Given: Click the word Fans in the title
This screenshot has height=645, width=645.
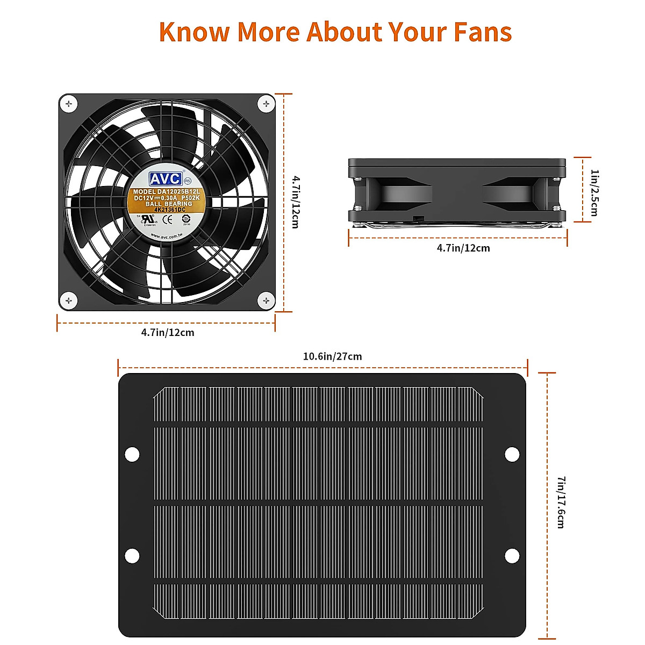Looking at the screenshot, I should [482, 32].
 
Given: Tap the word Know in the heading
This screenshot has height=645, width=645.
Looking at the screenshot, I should [194, 32].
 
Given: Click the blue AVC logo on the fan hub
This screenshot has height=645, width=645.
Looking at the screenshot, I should [166, 179].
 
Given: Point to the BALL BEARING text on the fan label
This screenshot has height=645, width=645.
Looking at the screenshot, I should [168, 204].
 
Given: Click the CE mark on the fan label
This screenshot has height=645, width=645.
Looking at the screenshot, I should [168, 219].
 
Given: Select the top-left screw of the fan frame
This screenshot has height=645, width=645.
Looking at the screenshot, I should [68, 103].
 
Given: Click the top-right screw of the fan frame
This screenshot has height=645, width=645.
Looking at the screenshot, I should [266, 103].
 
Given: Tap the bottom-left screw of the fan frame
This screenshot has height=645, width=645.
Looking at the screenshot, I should [68, 301].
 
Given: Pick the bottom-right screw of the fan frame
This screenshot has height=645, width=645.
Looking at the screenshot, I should [266, 301].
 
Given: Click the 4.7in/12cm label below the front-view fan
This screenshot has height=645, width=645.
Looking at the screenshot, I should [168, 333].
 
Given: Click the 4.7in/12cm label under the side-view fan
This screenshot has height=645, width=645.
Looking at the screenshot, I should [463, 248].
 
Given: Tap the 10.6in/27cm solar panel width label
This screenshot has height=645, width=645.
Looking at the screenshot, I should [332, 357].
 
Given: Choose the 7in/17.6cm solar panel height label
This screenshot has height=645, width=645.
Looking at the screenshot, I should [561, 502].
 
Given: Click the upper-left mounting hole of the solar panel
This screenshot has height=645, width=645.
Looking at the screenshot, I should [132, 455].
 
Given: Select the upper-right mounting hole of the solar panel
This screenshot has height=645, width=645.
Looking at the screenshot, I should [512, 455].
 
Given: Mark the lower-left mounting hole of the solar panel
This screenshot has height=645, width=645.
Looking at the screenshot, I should [132, 556].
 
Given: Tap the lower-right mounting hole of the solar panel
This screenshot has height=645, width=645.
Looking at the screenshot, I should [512, 556].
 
